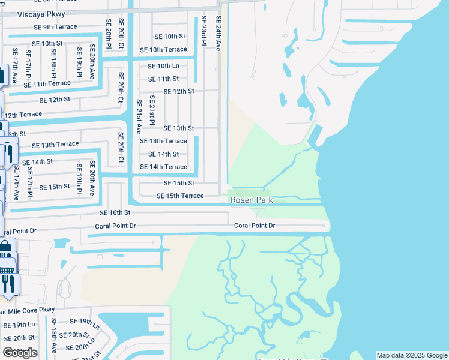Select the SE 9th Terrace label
coord(55,27)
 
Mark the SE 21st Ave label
coord(139,116)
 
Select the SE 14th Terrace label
coord(163,167)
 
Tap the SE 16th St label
coord(115,213)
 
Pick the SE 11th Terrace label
coord(47,84)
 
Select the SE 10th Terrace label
coord(163,50)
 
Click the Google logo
coord(20,353)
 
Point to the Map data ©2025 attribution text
coord(412,355)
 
